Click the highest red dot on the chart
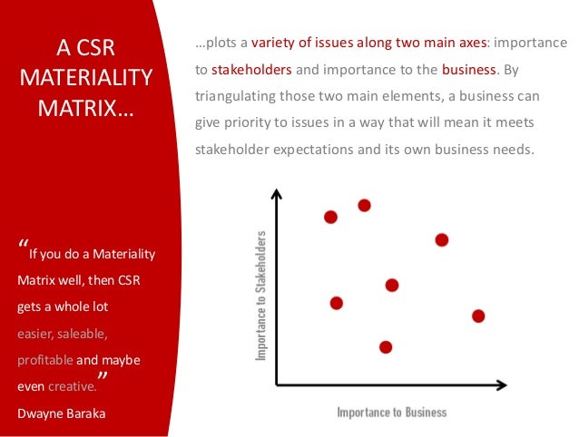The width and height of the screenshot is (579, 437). [364, 205]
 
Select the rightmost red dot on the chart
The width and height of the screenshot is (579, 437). [478, 316]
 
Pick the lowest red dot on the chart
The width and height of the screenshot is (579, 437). [386, 346]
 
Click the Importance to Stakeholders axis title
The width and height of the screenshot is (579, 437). [260, 296]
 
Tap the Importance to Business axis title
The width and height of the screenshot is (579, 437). [392, 413]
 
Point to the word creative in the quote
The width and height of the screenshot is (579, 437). [74, 385]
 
